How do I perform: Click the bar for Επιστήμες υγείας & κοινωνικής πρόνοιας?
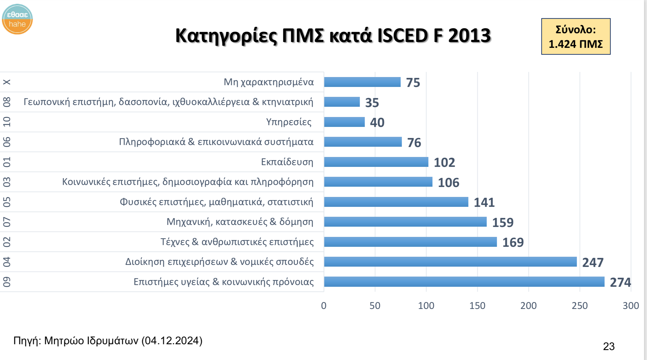click(464, 282)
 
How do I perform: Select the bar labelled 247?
click(450, 262)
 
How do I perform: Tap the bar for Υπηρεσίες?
click(344, 122)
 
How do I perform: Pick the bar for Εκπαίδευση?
click(376, 162)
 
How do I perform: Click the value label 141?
click(484, 202)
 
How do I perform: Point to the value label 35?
click(372, 103)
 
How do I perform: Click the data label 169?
click(513, 242)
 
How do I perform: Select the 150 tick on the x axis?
click(477, 306)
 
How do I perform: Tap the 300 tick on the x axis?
click(631, 306)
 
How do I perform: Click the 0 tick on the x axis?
click(323, 306)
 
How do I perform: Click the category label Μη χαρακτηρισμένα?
click(268, 82)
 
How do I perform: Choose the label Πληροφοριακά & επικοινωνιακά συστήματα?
click(216, 142)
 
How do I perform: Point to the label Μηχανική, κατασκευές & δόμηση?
click(240, 222)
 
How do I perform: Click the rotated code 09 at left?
click(7, 282)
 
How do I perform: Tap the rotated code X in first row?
click(7, 82)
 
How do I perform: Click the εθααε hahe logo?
click(17, 19)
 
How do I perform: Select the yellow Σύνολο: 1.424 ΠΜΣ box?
click(576, 37)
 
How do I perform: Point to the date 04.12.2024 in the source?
click(172, 340)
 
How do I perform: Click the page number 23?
click(608, 346)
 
